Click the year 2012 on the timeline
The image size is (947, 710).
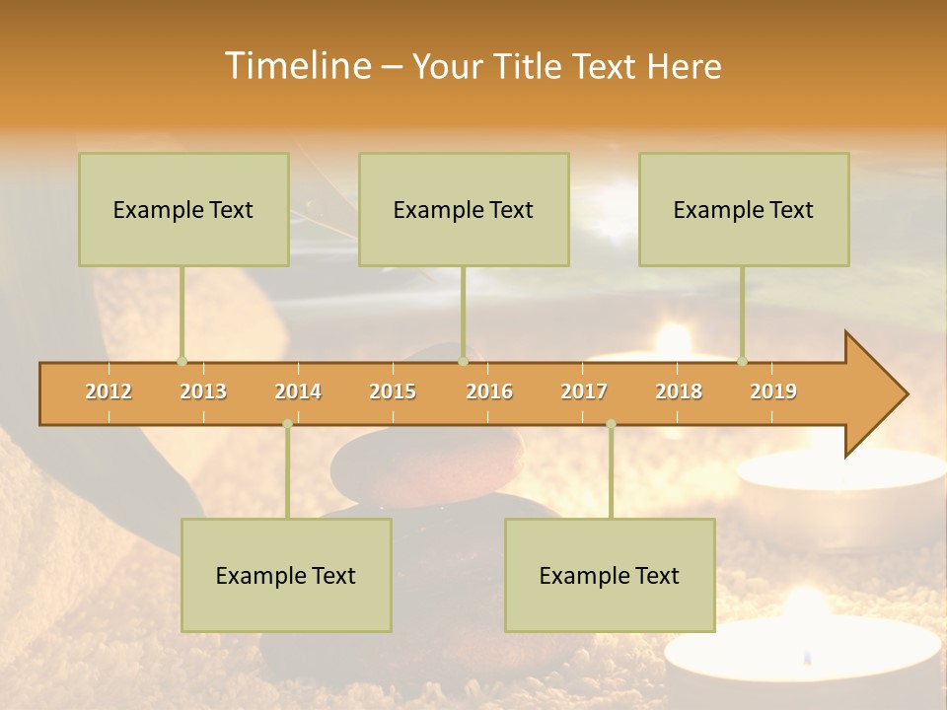(x=109, y=391)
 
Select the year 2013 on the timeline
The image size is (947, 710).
(x=203, y=391)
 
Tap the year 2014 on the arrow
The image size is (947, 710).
(x=298, y=391)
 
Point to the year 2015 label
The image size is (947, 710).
(x=393, y=391)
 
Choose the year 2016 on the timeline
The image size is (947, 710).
(x=489, y=391)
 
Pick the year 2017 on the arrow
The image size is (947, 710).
(x=584, y=391)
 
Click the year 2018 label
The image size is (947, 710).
(x=679, y=391)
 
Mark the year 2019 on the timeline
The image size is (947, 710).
(x=773, y=391)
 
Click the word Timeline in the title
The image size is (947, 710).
(x=296, y=66)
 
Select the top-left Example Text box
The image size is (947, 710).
(x=183, y=209)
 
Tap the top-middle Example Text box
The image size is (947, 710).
(x=464, y=209)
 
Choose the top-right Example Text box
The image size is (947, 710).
(x=744, y=209)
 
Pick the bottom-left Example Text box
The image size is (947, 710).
(x=286, y=575)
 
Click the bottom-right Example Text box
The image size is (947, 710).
(x=610, y=575)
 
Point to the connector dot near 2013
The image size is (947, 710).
(x=182, y=361)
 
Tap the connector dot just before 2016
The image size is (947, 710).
(x=463, y=361)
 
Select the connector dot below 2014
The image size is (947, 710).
(x=287, y=424)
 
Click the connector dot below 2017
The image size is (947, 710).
(x=611, y=424)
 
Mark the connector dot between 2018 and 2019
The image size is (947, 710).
(x=743, y=361)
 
